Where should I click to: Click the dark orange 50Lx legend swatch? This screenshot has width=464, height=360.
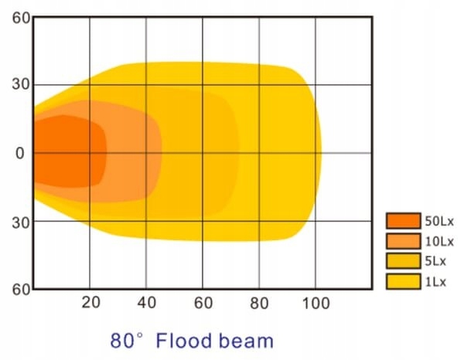tap(404, 221)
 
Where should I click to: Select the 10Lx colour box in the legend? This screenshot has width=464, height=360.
tap(404, 241)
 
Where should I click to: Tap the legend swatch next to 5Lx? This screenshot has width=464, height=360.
tap(404, 261)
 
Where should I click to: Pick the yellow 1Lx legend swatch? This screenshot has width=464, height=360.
tap(404, 281)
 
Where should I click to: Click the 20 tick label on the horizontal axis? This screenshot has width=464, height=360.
tap(90, 302)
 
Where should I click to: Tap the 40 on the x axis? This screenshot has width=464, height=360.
tap(146, 302)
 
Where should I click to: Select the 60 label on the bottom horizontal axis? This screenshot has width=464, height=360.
tap(203, 302)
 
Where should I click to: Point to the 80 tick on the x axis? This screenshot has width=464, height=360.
tap(259, 302)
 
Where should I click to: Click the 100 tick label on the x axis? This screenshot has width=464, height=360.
tap(315, 302)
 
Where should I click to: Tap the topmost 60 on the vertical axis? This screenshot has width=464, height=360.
tap(19, 17)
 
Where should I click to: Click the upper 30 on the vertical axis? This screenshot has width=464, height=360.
tap(19, 85)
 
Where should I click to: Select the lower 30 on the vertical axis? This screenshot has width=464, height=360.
tap(19, 221)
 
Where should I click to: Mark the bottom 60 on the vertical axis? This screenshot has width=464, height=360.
tap(19, 289)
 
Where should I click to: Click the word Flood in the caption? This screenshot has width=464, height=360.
tap(183, 340)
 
